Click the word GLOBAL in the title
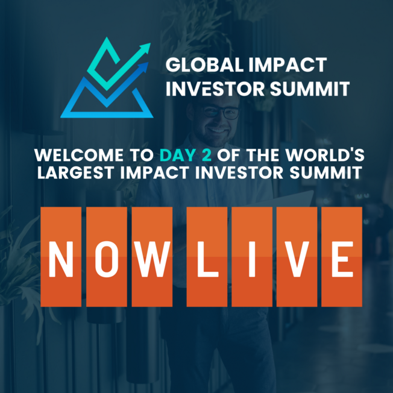pyautogui.click(x=204, y=65)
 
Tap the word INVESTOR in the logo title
pyautogui.click(x=215, y=89)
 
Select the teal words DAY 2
pyautogui.click(x=186, y=155)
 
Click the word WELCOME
pyautogui.click(x=79, y=155)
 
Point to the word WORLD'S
pyautogui.click(x=325, y=155)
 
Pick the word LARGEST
pyautogui.click(x=76, y=172)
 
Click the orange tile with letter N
pyautogui.click(x=61, y=257)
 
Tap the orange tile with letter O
pyautogui.click(x=107, y=257)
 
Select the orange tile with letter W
pyautogui.click(x=152, y=257)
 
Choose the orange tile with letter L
pyautogui.click(x=207, y=257)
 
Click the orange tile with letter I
pyautogui.click(x=252, y=257)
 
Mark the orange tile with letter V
pyautogui.click(x=297, y=257)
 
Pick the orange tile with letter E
pyautogui.click(x=342, y=257)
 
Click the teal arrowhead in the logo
pyautogui.click(x=145, y=48)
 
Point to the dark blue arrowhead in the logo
pyautogui.click(x=143, y=67)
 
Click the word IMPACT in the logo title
pyautogui.click(x=288, y=65)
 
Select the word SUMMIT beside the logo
pyautogui.click(x=310, y=89)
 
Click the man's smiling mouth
pyautogui.click(x=217, y=130)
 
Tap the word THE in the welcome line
pyautogui.click(x=263, y=155)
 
